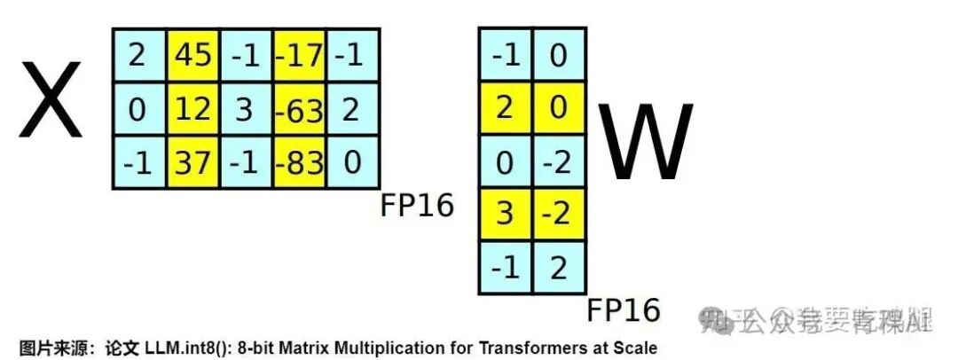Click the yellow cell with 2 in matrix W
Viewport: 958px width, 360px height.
(505, 108)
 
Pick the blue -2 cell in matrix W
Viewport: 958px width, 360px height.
(558, 162)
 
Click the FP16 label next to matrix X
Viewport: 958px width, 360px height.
(417, 205)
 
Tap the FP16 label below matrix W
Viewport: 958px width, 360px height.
(624, 310)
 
